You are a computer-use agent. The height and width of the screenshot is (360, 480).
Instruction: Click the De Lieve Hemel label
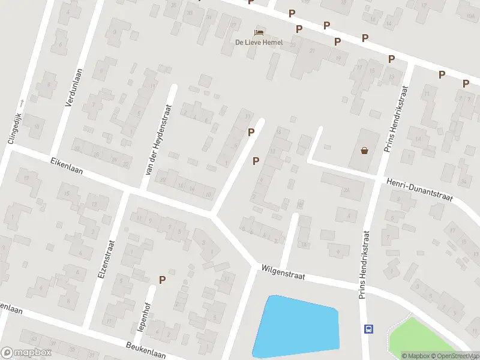pos(259,42)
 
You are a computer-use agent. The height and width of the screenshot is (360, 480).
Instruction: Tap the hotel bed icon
pos(259,32)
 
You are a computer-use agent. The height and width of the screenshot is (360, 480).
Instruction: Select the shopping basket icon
pos(364,151)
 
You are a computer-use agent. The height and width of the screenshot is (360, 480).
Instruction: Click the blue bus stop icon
pos(368,328)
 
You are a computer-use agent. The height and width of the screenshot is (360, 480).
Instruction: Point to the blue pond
pos(297,327)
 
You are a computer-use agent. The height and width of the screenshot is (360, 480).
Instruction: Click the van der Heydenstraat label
pos(159,140)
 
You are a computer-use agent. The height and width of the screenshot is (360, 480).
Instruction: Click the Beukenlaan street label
pos(145,350)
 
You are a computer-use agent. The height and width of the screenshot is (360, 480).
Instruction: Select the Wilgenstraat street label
pos(283,274)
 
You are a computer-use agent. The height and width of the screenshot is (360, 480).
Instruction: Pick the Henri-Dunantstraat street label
pos(419,189)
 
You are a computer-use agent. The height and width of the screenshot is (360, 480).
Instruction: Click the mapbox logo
pos(25,352)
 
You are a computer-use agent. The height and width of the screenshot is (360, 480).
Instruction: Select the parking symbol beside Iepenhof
pos(162,280)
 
